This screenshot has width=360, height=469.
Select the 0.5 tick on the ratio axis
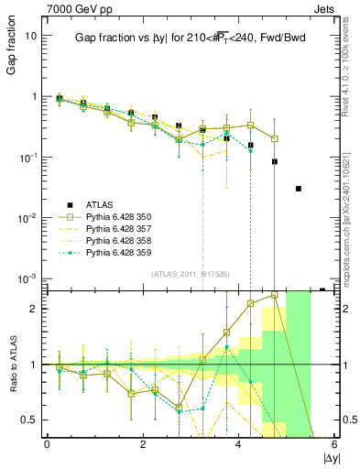tap(29, 420)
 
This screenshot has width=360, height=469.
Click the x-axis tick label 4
tap(238, 444)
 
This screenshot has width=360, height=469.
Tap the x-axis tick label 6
tap(334, 444)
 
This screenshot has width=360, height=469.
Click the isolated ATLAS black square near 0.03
tap(299, 189)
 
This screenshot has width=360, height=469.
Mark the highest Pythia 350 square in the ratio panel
tap(275, 295)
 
